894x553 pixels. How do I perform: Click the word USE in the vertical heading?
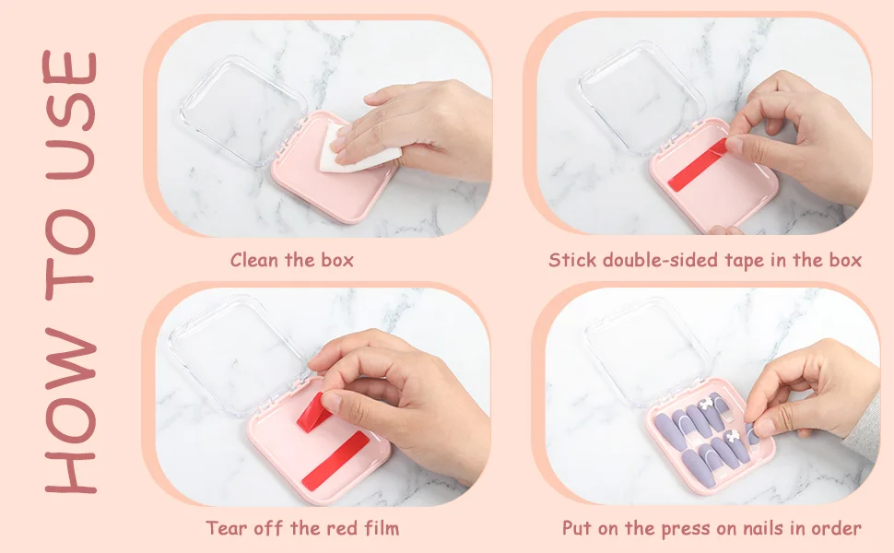click(x=70, y=116)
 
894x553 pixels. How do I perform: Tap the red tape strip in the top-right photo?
click(x=698, y=165)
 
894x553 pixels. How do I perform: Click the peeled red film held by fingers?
click(x=313, y=413)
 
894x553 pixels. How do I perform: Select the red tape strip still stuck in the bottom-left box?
click(x=335, y=461)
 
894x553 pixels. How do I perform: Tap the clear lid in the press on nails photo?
click(x=647, y=354)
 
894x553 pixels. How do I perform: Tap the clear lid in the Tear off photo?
click(x=240, y=355)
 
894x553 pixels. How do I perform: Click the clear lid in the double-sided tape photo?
click(x=642, y=98)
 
